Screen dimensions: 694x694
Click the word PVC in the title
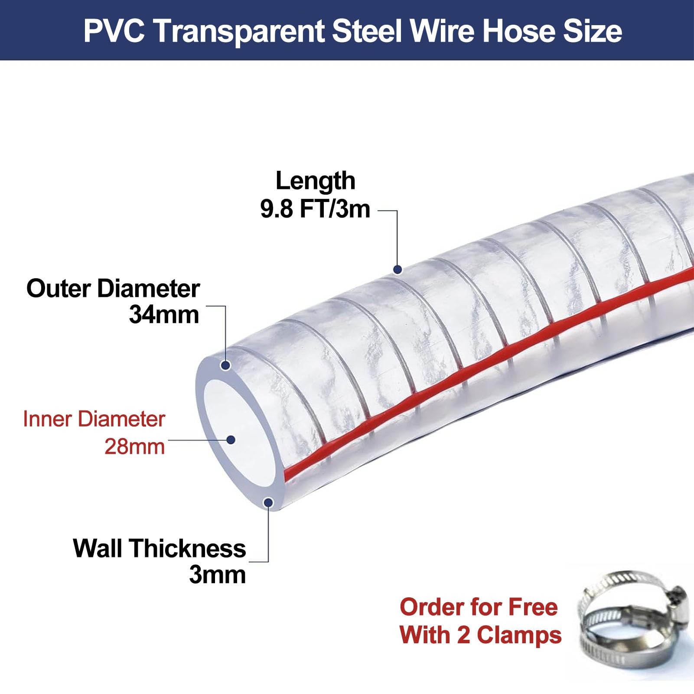[114, 31]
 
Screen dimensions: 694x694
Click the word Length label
[315, 181]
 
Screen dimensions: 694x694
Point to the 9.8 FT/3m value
[315, 209]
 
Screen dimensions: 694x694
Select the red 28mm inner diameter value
[135, 446]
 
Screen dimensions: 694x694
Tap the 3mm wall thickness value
[218, 574]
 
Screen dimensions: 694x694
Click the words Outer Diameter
[113, 288]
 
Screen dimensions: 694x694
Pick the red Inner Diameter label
[94, 419]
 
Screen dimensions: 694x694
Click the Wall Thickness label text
[160, 548]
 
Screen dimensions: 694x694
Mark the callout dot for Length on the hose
[398, 270]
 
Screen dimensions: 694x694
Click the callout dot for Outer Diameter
[225, 365]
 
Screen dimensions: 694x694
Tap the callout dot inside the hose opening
[231, 440]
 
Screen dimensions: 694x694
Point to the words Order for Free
[479, 607]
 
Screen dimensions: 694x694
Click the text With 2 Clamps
[480, 635]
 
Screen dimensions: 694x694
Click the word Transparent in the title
[238, 32]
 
